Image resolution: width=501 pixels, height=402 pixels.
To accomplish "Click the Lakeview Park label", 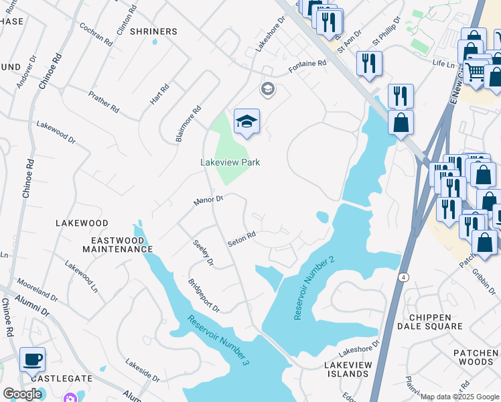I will pyautogui.click(x=230, y=162).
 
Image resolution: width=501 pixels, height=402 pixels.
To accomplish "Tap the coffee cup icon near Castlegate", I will pyautogui.click(x=32, y=360).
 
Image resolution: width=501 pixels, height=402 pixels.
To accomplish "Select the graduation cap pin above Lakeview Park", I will pyautogui.click(x=246, y=121).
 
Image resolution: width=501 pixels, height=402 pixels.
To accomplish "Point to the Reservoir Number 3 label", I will pyautogui.click(x=218, y=340).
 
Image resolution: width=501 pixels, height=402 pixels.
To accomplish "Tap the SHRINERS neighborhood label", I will pyautogui.click(x=153, y=31).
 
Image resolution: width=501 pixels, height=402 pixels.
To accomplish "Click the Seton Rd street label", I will pyautogui.click(x=242, y=239).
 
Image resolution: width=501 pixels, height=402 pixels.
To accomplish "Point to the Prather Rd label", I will pyautogui.click(x=104, y=102).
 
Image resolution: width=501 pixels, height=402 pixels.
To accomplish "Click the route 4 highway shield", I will pyautogui.click(x=404, y=277).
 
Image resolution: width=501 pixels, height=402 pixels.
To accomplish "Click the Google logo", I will pyautogui.click(x=22, y=394).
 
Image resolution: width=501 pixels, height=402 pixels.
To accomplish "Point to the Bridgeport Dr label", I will pyautogui.click(x=204, y=295).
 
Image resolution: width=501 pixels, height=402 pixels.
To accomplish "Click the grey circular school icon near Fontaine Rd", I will pyautogui.click(x=267, y=89).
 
